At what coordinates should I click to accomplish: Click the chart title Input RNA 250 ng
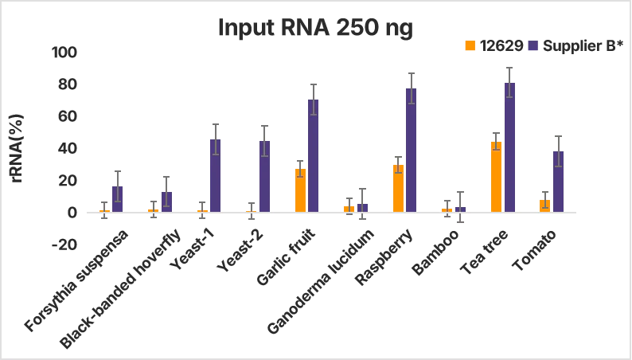[316, 28]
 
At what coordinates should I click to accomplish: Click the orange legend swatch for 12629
[470, 45]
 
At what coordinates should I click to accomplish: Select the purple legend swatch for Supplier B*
[533, 45]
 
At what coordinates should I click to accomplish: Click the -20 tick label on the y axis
[64, 245]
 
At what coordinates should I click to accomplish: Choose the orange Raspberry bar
[398, 188]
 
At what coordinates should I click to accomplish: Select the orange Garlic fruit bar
[300, 190]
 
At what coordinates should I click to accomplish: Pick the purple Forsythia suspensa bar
[117, 199]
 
